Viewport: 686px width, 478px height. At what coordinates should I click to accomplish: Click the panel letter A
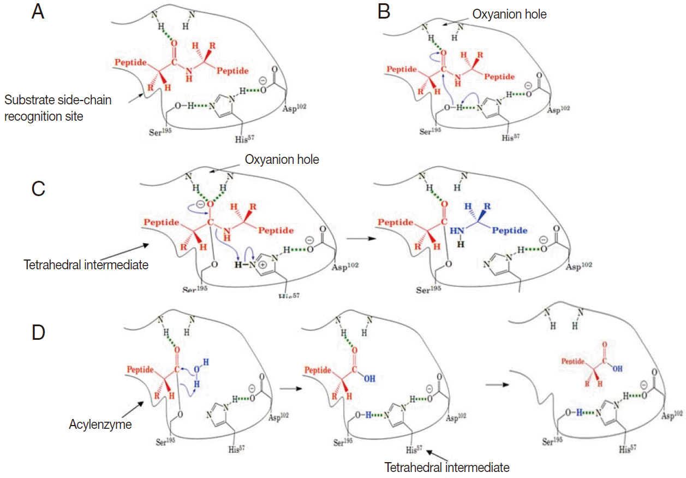[x=38, y=12]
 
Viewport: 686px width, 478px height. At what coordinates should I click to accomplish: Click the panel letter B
[x=384, y=12]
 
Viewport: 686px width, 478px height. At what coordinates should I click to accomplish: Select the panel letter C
[x=38, y=188]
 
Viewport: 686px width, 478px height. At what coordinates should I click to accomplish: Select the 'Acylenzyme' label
[x=100, y=424]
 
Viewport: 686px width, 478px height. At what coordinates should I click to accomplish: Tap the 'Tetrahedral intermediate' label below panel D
[x=447, y=467]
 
